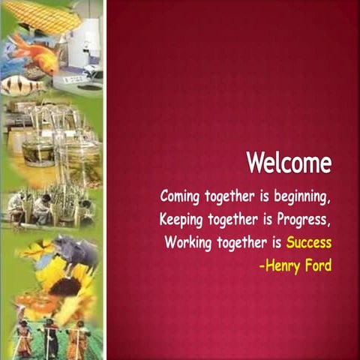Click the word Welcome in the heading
(289, 163)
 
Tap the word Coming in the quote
(179, 196)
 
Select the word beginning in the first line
(297, 197)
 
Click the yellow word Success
(308, 243)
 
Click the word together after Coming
(228, 197)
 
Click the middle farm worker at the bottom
(49, 337)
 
